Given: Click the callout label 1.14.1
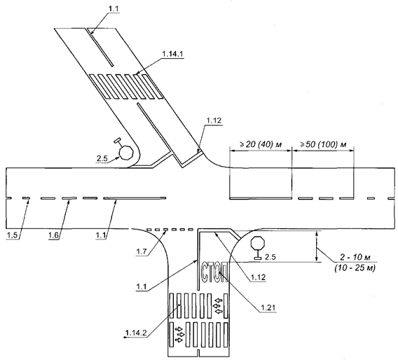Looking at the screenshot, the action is [x=173, y=55].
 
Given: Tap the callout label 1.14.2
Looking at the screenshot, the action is [x=136, y=333].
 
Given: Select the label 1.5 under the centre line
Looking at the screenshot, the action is [x=13, y=235].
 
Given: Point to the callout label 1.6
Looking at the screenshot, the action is [x=54, y=235].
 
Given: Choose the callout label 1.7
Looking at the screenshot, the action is [x=142, y=252].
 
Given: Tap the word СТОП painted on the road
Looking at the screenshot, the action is [x=214, y=272].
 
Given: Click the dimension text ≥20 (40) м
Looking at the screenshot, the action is [x=261, y=144].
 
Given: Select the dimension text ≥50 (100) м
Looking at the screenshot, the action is [x=324, y=144].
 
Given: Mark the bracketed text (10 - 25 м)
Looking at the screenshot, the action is [x=355, y=268].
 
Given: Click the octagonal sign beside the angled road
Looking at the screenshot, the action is [x=126, y=153].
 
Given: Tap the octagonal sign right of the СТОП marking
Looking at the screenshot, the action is [x=258, y=242].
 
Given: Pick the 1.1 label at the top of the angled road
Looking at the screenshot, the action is [x=114, y=8].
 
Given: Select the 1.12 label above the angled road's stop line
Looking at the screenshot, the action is [x=214, y=120].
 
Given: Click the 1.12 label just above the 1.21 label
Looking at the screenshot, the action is [x=259, y=277].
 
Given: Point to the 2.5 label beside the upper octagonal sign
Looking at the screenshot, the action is [x=102, y=158].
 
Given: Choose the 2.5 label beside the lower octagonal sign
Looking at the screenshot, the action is [x=270, y=257].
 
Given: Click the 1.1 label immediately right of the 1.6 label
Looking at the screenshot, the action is [x=101, y=235].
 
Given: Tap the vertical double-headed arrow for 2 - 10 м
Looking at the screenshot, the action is [x=316, y=246].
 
